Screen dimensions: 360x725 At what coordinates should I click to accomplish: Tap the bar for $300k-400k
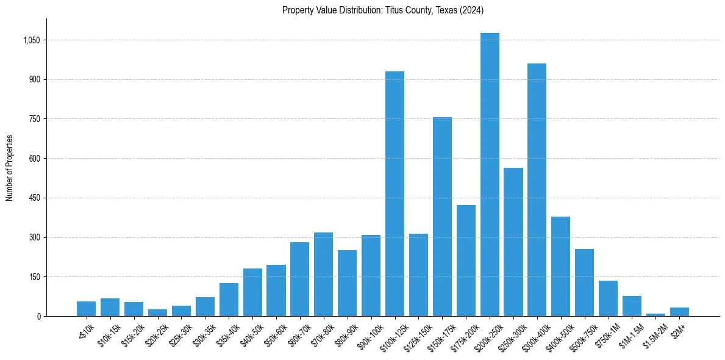pos(537,190)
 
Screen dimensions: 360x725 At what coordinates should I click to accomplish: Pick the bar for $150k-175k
pos(442,217)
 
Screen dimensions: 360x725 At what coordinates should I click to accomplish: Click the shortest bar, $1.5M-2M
pos(655,314)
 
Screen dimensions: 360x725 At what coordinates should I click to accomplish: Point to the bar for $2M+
pos(679,312)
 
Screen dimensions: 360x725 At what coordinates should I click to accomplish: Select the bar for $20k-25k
pos(157,312)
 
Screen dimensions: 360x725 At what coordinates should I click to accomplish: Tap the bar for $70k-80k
pos(323,275)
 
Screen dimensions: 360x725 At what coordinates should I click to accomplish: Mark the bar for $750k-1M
pos(608,298)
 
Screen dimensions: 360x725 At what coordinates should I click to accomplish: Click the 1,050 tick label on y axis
pos(31,40)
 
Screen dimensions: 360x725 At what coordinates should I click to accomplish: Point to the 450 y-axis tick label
pos(34,198)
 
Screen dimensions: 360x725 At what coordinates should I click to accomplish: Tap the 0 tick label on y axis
pos(38,316)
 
